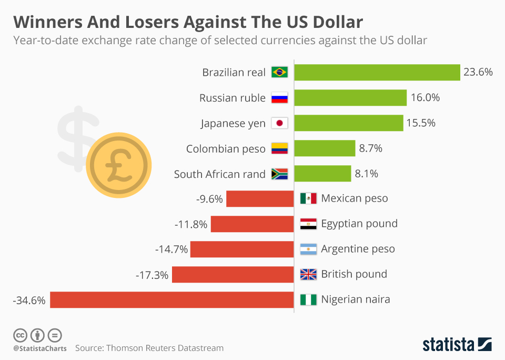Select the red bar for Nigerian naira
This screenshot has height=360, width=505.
pyautogui.click(x=171, y=299)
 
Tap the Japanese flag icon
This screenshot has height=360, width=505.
pyautogui.click(x=279, y=123)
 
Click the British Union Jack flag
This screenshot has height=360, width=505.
pyautogui.click(x=308, y=274)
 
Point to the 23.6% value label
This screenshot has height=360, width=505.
pyautogui.click(x=478, y=72)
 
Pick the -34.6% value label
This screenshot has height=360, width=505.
pyautogui.click(x=29, y=300)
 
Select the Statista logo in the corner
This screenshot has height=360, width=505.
pyautogui.click(x=457, y=345)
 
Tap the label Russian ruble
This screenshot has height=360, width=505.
pyautogui.click(x=233, y=98)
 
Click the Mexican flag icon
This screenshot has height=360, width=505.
pyautogui.click(x=308, y=198)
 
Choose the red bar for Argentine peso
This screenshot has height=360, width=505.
pyautogui.click(x=242, y=249)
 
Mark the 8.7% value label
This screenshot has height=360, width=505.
pyautogui.click(x=370, y=148)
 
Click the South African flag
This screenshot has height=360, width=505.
pyautogui.click(x=279, y=174)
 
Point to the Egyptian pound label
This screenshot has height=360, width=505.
pyautogui.click(x=359, y=224)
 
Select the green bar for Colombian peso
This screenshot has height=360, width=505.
pyautogui.click(x=325, y=148)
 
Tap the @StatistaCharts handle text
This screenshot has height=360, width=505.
pyautogui.click(x=40, y=348)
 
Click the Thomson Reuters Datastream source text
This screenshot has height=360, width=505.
pyautogui.click(x=149, y=348)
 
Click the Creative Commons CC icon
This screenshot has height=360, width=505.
pyautogui.click(x=20, y=335)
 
